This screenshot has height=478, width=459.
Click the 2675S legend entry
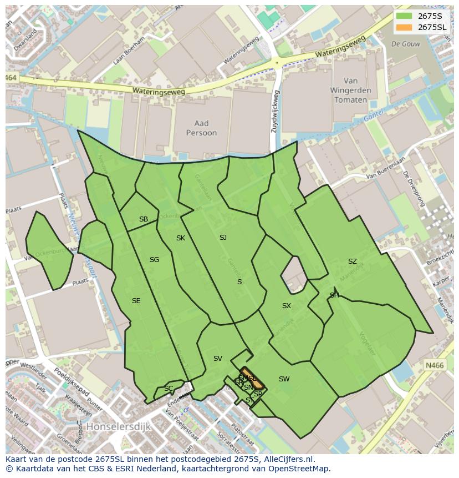[421, 16]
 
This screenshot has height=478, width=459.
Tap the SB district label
[144, 219]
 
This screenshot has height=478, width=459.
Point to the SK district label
[181, 238]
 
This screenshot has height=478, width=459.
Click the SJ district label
[223, 238]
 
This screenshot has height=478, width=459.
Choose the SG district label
[154, 260]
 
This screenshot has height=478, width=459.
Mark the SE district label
[136, 301]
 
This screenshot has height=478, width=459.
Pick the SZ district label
[353, 261]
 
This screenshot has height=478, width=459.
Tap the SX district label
[286, 306]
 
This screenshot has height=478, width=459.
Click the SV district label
[218, 359]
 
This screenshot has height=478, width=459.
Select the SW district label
[284, 379]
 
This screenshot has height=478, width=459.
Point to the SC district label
[169, 389]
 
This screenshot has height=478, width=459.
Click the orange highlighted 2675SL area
[252, 378]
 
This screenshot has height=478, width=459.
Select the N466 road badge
[435, 365]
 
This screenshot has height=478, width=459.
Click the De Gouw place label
[404, 43]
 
